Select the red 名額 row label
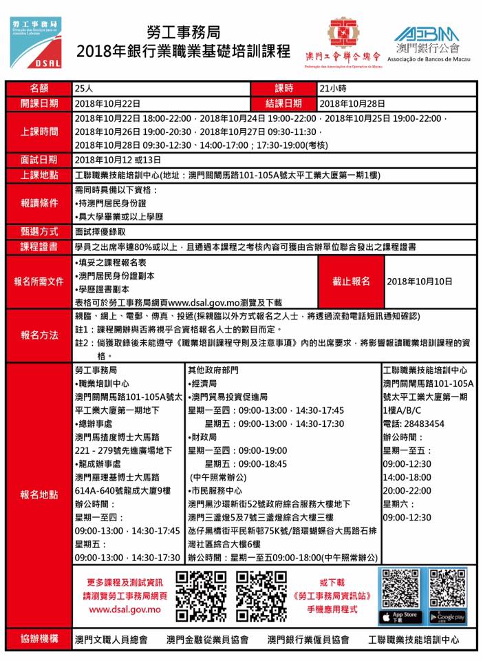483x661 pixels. tap(39, 89)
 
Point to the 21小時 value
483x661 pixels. tap(334, 89)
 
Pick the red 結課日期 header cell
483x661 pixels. tap(283, 103)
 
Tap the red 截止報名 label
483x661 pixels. tap(351, 281)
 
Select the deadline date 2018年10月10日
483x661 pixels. tap(420, 282)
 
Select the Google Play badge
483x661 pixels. tap(447, 616)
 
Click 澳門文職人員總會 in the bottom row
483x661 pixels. tap(111, 640)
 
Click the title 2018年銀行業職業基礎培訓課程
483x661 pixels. tap(184, 50)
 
